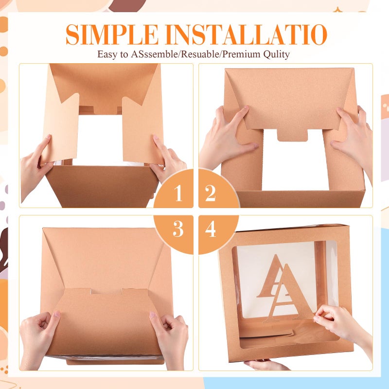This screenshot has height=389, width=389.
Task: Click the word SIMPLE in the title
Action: (x=112, y=34)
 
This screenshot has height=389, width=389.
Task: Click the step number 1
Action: (x=178, y=193)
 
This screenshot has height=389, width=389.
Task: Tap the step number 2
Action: (x=210, y=193)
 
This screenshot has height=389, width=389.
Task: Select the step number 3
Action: (x=178, y=229)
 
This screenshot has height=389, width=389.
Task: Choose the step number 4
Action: (x=211, y=229)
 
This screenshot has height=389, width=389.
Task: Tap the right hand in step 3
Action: (x=169, y=340)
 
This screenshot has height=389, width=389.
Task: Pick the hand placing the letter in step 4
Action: (x=342, y=327)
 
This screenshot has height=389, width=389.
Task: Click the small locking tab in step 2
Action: (x=292, y=135)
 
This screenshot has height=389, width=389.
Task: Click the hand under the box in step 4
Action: (x=266, y=365)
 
